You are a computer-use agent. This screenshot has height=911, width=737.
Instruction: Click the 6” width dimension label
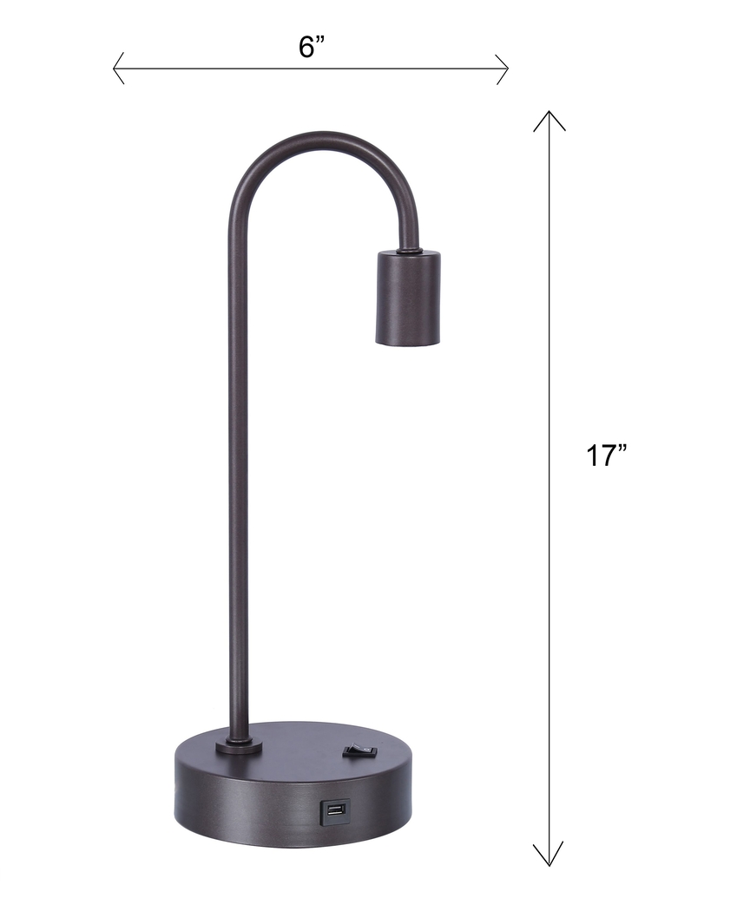pos(311,47)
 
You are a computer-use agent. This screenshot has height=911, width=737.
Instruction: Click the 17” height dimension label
pos(606,455)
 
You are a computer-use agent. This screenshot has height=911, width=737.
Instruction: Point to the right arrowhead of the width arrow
pos(503,69)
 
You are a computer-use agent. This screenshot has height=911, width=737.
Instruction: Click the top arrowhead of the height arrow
pos(549,118)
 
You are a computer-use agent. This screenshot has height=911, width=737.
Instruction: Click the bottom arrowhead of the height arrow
pos(549,859)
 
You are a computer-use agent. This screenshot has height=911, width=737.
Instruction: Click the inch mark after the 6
pos(320,39)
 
